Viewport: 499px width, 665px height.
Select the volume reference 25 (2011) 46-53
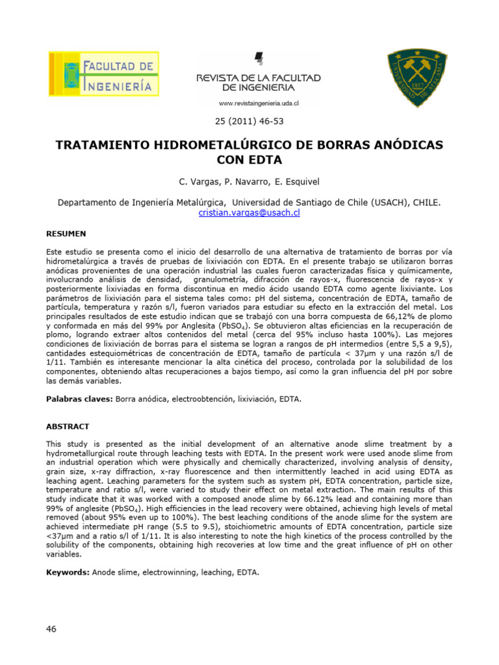click(249, 121)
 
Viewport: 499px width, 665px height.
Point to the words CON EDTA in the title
click(249, 159)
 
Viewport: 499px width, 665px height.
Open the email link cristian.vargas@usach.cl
click(249, 212)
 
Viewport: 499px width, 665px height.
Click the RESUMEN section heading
click(66, 233)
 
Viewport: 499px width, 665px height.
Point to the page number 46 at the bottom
click(52, 629)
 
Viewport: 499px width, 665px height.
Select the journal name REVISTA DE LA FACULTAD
click(259, 78)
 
